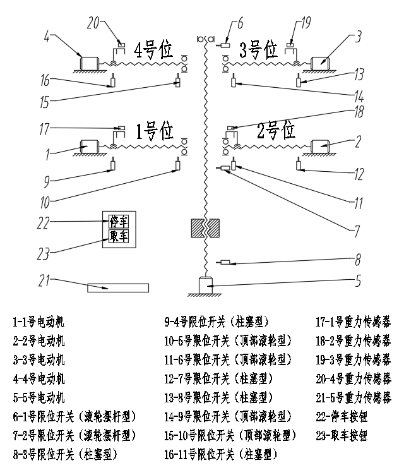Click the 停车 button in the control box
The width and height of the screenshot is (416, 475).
(119, 222)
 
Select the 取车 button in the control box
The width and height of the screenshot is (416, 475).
(119, 236)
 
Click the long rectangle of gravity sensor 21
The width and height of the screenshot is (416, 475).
(118, 288)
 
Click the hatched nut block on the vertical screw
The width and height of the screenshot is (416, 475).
(205, 228)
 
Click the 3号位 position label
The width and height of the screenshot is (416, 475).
(258, 49)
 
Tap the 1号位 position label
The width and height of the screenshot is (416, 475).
(154, 131)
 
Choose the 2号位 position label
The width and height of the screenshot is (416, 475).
(276, 131)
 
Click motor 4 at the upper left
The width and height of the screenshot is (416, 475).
(88, 63)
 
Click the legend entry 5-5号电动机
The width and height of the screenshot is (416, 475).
(39, 398)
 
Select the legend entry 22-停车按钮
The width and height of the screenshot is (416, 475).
(342, 417)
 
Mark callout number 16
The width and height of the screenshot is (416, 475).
(44, 80)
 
